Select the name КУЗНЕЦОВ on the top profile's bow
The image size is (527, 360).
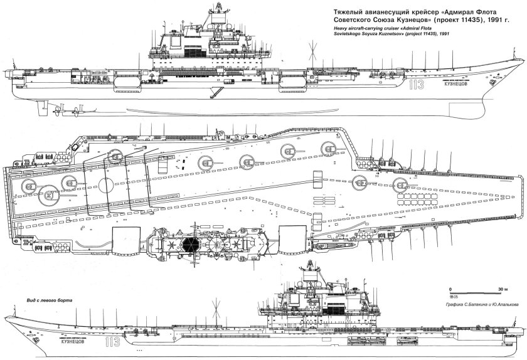(x=455, y=92)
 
